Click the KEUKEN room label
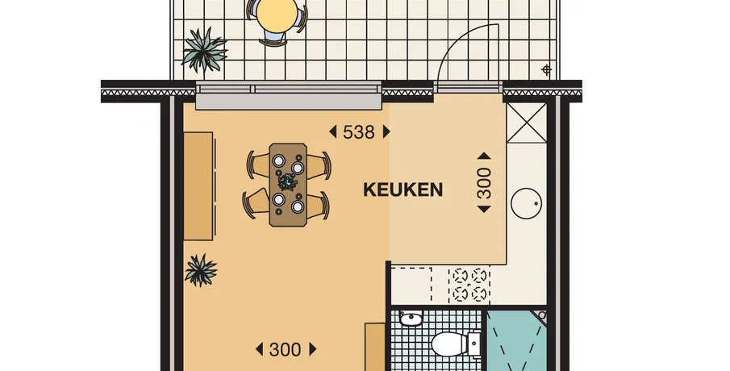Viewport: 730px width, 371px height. coord(403,190)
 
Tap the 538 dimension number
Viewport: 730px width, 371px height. coord(358,132)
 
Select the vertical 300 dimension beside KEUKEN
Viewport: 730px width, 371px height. coord(484,183)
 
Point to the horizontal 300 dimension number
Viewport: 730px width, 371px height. coord(285,349)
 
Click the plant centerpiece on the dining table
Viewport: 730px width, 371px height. coord(287,181)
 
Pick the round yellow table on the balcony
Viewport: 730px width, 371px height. coord(277,15)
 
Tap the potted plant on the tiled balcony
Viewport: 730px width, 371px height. coord(204,51)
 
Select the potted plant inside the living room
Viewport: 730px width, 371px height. coord(201,269)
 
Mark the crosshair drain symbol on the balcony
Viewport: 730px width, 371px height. coord(547,70)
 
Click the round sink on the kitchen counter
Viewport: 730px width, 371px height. coord(527,203)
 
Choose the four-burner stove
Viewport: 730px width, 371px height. coord(469,285)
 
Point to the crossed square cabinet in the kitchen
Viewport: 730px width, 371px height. coord(527,123)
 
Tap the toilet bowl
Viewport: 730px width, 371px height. coord(450,344)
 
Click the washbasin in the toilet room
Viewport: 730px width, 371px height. coord(411,319)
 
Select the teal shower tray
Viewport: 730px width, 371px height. coord(517,340)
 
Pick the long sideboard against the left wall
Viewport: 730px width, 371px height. coord(198,186)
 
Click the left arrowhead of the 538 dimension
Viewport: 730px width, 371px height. coord(333,132)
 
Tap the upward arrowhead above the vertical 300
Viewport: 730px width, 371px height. coord(484,156)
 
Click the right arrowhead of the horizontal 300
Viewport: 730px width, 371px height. coord(313,349)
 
